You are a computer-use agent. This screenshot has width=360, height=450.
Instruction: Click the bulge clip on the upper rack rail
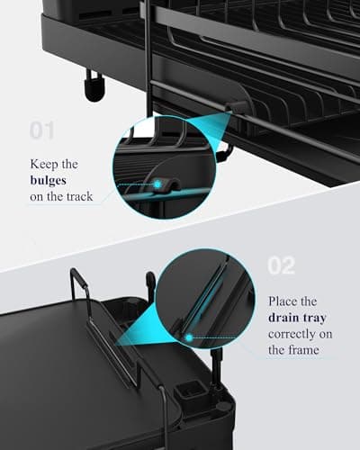pos(236,110)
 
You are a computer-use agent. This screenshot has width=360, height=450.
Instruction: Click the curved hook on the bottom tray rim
pos(150,281)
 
